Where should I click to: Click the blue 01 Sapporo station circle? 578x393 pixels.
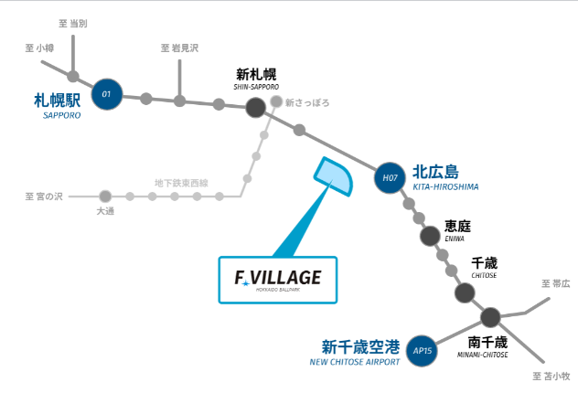coord(106,93)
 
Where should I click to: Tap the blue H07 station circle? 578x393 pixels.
coord(391,178)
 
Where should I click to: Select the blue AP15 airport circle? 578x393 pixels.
coord(422,350)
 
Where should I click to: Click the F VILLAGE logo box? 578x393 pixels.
coord(278,279)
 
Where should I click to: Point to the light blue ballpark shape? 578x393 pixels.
coord(334,177)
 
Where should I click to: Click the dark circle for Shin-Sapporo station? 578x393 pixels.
coord(256,108)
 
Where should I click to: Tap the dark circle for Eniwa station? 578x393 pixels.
coord(431,236)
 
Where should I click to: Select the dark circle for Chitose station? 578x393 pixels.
coord(465,292)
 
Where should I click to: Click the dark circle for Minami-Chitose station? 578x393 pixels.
coord(490,317)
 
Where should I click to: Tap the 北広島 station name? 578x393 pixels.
coord(435,171)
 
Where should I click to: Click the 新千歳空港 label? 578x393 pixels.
coord(361,346)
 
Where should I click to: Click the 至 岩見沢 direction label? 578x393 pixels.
coord(179,48)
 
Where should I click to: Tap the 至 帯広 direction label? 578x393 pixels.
coord(555,284)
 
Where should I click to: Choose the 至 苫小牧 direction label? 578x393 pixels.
coord(551,376)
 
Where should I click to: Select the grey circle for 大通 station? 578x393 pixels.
coord(105,196)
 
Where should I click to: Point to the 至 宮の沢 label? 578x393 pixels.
coord(44,196)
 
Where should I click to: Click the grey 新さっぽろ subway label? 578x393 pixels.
coord(309,102)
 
